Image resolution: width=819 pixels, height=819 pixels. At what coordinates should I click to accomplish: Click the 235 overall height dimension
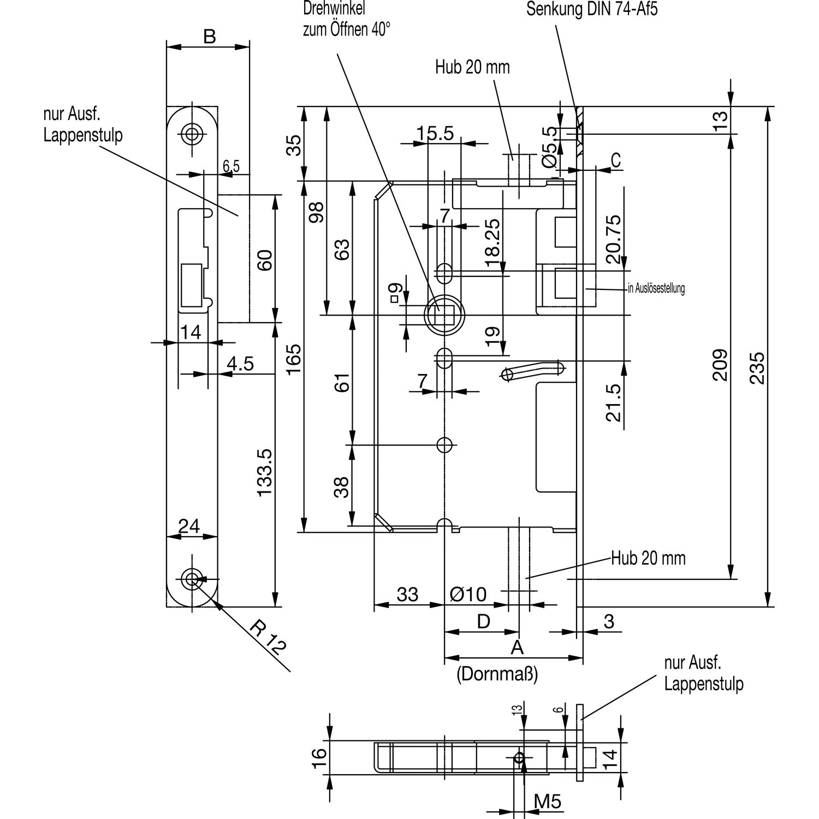point(757,367)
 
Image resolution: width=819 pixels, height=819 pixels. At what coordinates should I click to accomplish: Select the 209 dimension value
point(720,365)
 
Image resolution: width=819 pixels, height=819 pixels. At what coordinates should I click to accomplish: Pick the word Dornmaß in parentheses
point(497,675)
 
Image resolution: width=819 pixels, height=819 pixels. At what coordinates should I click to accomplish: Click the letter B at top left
point(209,37)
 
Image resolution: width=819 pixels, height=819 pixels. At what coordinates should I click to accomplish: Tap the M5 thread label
point(547,801)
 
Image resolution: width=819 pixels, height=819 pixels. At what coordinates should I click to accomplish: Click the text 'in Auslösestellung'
point(656,288)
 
